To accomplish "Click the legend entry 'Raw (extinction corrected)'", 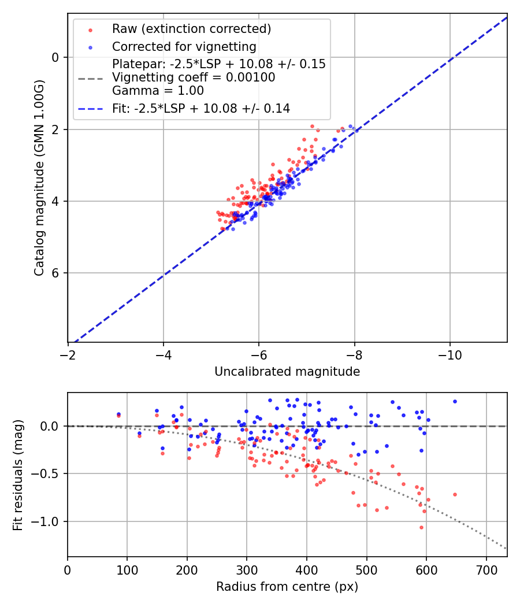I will (191, 29).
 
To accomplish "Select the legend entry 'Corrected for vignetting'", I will (184, 46).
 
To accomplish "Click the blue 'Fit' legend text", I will (201, 108).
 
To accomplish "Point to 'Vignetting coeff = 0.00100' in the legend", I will (194, 77).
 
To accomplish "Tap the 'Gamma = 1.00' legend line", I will (158, 91).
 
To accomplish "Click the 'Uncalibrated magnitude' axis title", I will (287, 372).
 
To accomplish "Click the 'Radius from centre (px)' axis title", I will (287, 587).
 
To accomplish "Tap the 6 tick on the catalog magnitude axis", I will (55, 273).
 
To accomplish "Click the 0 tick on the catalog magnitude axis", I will (55, 57).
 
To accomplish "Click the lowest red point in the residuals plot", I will (421, 527).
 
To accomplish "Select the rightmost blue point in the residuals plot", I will (455, 401).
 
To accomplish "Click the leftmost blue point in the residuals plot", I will (118, 414).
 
